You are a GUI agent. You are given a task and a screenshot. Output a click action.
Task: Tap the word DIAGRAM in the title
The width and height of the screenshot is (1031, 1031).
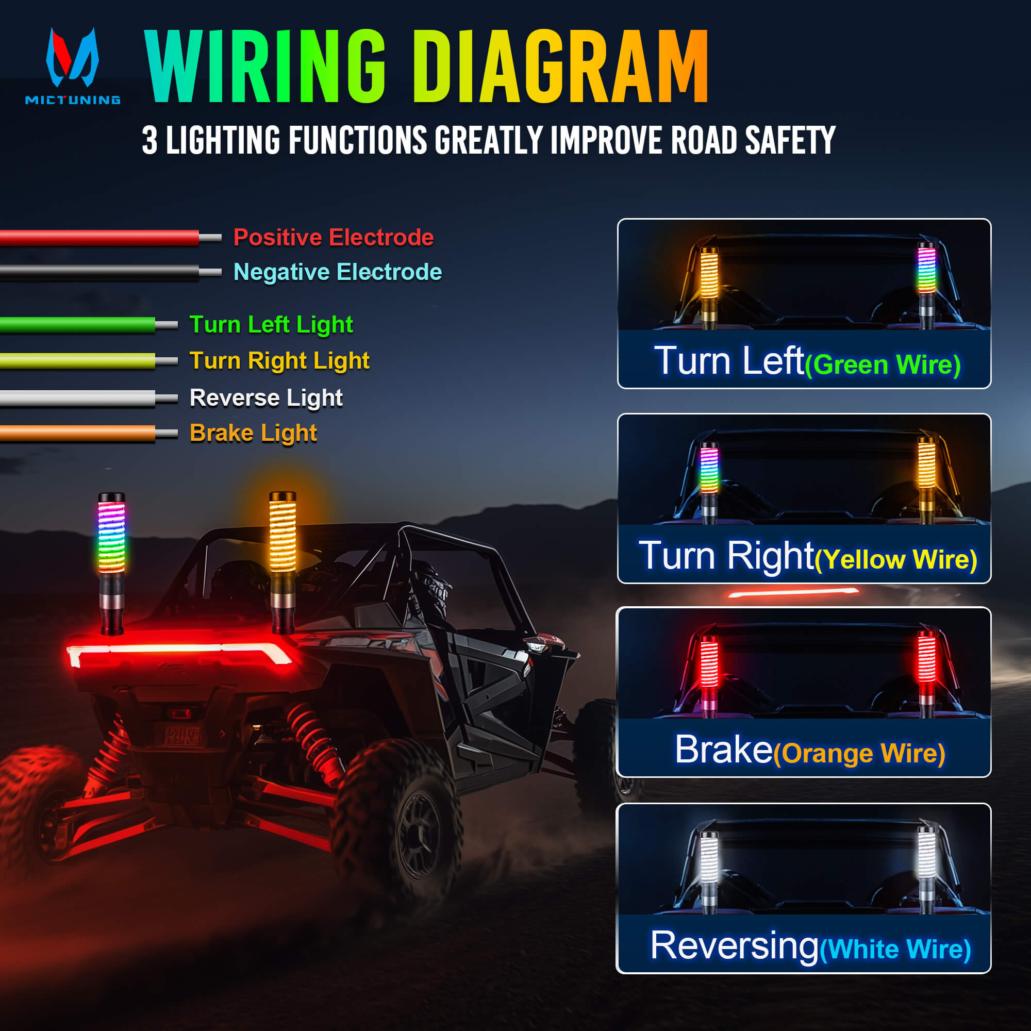tap(560, 66)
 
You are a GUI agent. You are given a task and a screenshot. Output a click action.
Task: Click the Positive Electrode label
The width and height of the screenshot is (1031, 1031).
tap(334, 238)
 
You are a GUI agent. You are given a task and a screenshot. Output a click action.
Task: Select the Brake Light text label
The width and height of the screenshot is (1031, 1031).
tap(253, 433)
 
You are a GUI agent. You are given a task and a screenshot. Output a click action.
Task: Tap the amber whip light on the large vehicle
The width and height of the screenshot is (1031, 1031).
tap(282, 534)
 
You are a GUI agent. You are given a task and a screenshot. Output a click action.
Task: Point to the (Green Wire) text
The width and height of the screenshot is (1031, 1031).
tap(883, 365)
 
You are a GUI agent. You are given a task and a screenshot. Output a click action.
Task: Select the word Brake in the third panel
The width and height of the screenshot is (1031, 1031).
tap(724, 750)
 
